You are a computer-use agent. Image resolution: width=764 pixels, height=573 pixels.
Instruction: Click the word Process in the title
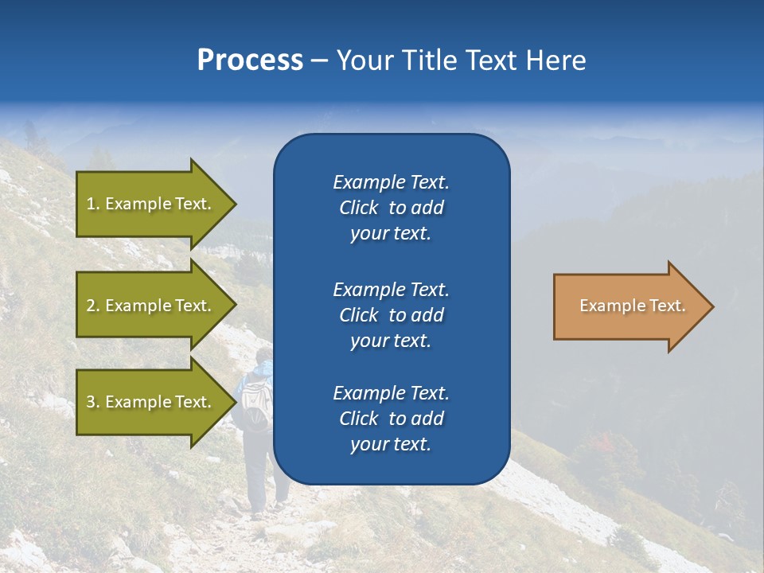click(x=250, y=60)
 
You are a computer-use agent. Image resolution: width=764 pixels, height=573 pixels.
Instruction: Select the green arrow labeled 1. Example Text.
click(x=151, y=204)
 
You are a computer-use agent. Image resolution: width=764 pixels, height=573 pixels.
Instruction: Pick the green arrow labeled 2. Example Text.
click(x=151, y=306)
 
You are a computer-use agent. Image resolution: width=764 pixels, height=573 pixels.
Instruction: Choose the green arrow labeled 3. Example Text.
click(x=151, y=402)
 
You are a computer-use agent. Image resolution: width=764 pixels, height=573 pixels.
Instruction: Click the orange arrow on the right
click(x=629, y=306)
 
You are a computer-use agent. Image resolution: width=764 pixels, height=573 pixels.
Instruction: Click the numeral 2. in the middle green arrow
click(x=93, y=306)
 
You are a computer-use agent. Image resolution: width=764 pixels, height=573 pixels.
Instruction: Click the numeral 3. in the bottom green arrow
click(x=93, y=402)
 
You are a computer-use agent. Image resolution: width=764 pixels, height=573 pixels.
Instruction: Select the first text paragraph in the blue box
click(x=391, y=208)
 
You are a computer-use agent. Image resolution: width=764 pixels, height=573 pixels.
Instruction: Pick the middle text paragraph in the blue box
click(x=391, y=315)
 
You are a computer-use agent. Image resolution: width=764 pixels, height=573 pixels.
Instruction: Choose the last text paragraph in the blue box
click(x=391, y=419)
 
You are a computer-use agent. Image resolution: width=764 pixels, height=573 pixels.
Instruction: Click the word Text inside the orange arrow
click(x=667, y=306)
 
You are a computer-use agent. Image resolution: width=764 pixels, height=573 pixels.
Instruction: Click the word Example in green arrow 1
click(x=137, y=204)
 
